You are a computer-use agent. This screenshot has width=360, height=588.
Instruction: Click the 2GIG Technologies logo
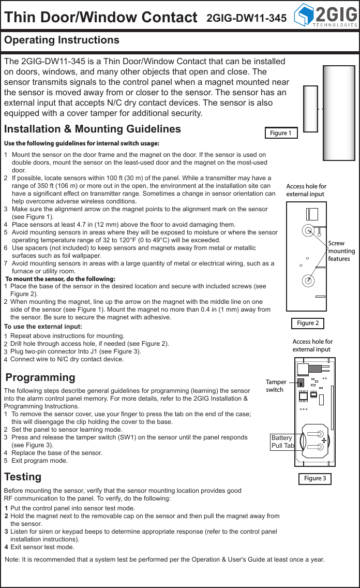coord(325,16)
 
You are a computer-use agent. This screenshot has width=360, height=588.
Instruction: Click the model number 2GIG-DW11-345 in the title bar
coord(247,18)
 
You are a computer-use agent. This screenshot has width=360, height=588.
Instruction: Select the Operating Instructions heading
coord(62,40)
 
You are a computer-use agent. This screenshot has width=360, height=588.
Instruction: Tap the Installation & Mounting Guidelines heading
coord(93,129)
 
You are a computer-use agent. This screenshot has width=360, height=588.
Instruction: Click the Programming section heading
coord(40,377)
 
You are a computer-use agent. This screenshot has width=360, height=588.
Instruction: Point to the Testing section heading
coord(23,476)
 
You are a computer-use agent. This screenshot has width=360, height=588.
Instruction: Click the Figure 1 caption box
coord(281,133)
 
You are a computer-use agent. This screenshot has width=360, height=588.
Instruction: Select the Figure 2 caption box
coord(308,323)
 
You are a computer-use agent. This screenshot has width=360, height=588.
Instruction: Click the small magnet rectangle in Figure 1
coord(310,109)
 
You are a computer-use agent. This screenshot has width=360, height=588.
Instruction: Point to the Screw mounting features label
coord(341,251)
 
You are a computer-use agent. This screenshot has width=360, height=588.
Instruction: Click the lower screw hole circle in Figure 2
coord(308,281)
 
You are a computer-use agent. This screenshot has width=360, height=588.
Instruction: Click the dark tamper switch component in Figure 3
coord(301,383)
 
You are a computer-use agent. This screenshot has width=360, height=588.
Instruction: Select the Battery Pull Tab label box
coord(282,442)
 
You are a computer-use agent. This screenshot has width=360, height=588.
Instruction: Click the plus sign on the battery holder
coord(323,440)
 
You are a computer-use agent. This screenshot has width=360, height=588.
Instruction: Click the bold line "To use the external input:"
coord(43,327)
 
